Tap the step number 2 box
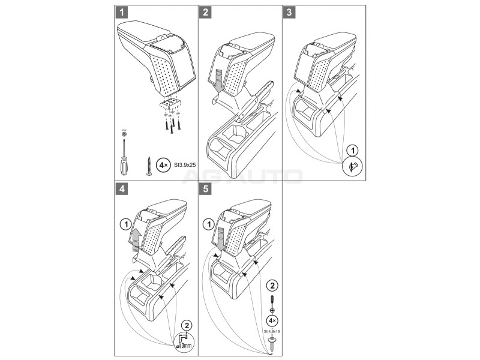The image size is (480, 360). pyautogui.click(x=206, y=12)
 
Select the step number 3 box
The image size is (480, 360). pyautogui.click(x=290, y=12)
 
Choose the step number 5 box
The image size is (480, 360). pyautogui.click(x=206, y=188)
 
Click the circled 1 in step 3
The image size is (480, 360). pyautogui.click(x=353, y=149)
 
